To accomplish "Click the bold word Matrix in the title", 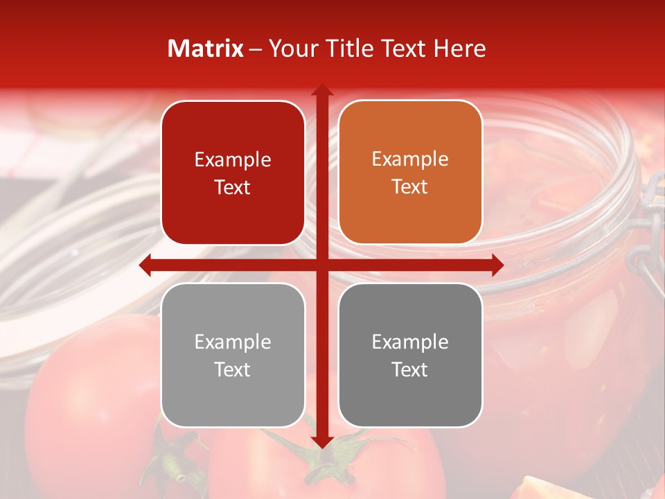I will coord(206,49).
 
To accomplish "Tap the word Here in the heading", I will coord(459,49).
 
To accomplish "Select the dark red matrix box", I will coord(233,173).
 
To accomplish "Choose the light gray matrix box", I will coord(233,355).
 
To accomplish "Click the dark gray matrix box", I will coord(410,355).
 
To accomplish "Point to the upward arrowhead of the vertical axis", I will coord(321,89).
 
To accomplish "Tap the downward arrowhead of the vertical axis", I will coord(321,441).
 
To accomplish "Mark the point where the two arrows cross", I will coord(321,265).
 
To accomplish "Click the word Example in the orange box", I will coord(410,159).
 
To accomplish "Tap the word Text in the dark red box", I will coord(233,187).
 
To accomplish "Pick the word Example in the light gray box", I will coord(233,342).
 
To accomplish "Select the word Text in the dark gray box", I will coord(410,369).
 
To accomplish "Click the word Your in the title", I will coord(290,49).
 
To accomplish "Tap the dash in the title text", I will coord(256,49).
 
